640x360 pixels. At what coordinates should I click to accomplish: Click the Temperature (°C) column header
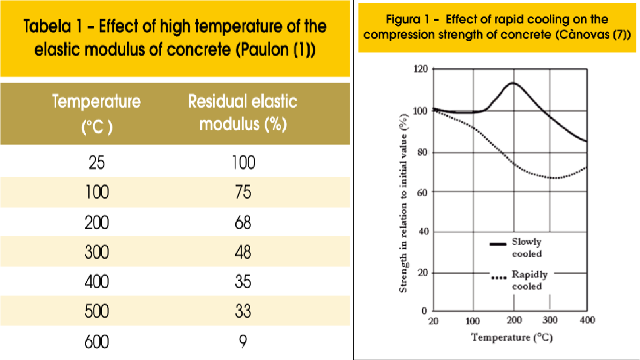pos(97,114)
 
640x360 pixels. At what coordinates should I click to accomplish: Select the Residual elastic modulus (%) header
pos(243,113)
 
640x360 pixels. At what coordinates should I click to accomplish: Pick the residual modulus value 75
pos(243,193)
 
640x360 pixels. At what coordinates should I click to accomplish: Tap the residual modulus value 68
pos(243,222)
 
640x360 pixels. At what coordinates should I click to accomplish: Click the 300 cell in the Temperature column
pos(97,252)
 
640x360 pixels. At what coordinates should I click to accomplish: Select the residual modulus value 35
pos(243,282)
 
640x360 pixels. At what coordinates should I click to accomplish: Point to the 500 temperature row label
pos(97,311)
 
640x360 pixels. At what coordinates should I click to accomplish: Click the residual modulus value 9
pos(243,341)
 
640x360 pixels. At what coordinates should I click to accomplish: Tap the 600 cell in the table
pos(97,341)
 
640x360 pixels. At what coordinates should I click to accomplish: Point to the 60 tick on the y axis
pos(423,192)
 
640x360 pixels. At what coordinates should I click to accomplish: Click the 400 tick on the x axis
pos(587,321)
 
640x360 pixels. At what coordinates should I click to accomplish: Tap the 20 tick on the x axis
pos(433,321)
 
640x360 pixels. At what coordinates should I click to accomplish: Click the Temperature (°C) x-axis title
pos(512,337)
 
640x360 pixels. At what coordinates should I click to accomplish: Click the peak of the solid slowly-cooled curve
pos(513,83)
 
